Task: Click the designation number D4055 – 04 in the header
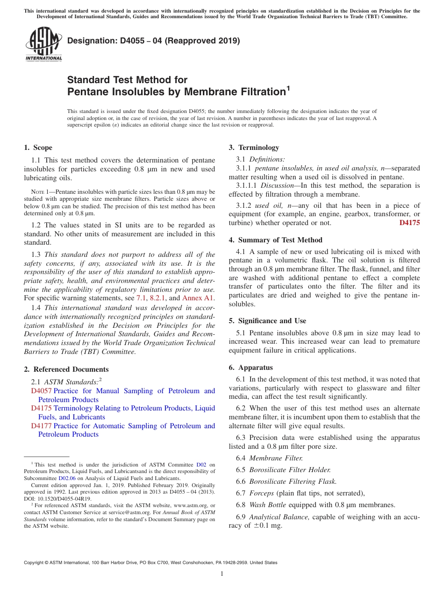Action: [x=153, y=41]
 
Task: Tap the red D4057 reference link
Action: [x=42, y=391]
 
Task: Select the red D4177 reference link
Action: [x=42, y=426]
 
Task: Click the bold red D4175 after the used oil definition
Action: [x=409, y=223]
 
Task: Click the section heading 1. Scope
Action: [x=38, y=148]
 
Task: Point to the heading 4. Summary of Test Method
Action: [x=275, y=240]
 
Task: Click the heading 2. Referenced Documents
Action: [x=66, y=369]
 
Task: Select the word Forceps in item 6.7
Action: [x=261, y=493]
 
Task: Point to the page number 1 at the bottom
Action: [x=222, y=573]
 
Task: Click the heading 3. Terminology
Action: [x=254, y=148]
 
